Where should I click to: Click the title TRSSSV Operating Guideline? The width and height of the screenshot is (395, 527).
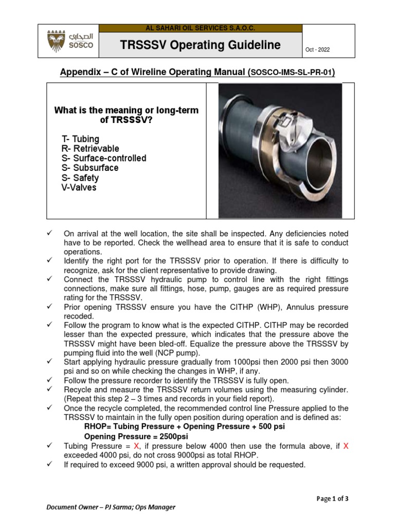pos(201,45)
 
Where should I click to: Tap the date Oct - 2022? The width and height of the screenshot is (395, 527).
pos(317,49)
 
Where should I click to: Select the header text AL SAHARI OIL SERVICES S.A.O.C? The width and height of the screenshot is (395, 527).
pos(201,28)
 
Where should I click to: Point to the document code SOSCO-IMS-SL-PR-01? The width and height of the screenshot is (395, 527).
pos(292,73)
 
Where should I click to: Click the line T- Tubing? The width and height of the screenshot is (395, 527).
pos(80,139)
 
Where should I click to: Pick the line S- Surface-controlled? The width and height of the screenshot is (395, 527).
pos(104,158)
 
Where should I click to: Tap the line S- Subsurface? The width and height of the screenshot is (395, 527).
pos(89,168)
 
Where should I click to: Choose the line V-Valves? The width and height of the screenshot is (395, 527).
pos(79,187)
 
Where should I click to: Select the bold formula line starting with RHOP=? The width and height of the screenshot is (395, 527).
pos(185,427)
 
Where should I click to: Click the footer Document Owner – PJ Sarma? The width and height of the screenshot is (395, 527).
pos(111,507)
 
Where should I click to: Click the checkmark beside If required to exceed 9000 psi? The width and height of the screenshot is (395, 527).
pos(50,465)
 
